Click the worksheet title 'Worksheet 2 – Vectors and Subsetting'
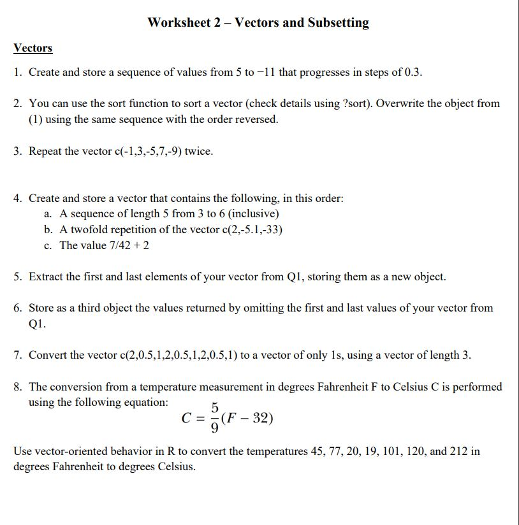click(258, 23)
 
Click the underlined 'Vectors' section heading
click(33, 48)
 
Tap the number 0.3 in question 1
click(413, 72)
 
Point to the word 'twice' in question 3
click(198, 152)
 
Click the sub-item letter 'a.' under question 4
click(48, 214)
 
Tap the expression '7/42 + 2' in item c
click(128, 245)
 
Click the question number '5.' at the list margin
click(18, 277)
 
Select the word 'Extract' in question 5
click(47, 277)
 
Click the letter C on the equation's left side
click(187, 419)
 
